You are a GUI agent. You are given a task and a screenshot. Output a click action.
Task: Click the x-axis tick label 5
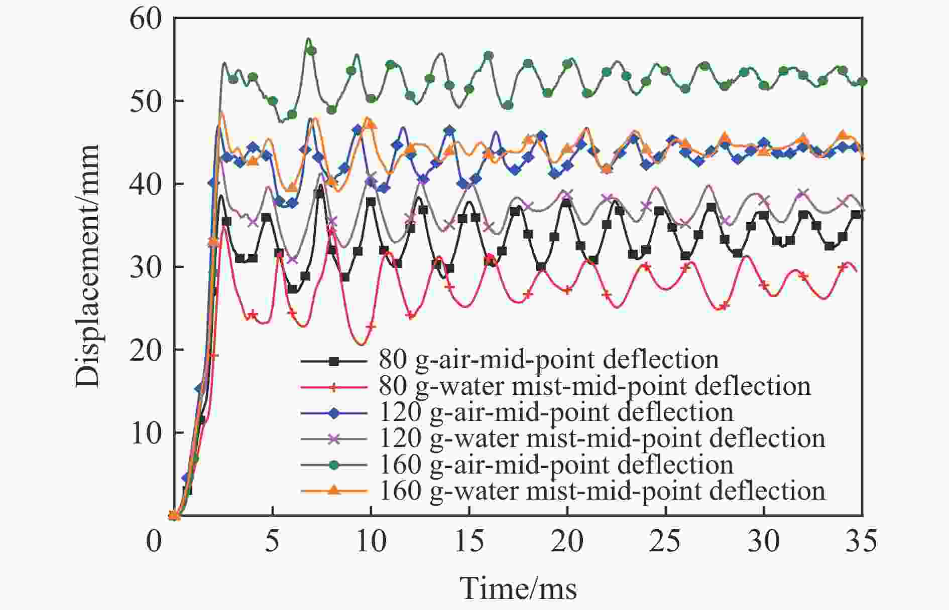tap(272, 542)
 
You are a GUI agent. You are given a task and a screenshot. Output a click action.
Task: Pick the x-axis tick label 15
tap(469, 542)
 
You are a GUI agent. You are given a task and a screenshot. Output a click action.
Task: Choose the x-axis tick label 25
tap(665, 542)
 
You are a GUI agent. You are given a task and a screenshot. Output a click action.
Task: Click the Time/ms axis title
tap(518, 588)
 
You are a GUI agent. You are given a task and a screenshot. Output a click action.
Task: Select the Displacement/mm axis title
tap(88, 266)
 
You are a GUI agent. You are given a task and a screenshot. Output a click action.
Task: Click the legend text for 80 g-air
tap(548, 360)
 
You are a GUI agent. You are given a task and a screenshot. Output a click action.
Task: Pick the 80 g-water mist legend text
tap(595, 386)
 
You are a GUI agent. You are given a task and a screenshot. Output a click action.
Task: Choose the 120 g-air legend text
tap(556, 412)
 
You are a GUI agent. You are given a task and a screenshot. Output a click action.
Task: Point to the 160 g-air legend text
tap(556, 465)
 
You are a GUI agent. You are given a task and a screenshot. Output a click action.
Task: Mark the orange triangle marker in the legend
tap(334, 490)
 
